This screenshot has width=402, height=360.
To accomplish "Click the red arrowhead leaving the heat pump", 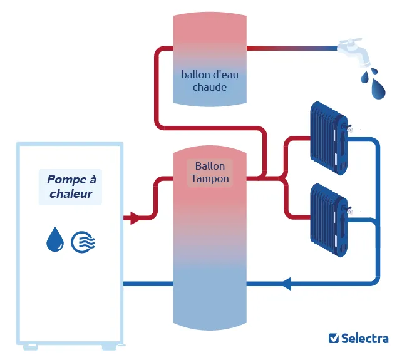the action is coord(135,219).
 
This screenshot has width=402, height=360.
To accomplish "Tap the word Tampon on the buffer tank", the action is coord(210,178).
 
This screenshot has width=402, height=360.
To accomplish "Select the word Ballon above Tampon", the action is coord(210,166).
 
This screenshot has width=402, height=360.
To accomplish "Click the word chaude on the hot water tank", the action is coord(210,87).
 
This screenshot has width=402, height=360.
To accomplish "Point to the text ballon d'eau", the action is coord(210,75).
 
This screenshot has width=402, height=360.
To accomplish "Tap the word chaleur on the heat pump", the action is coord(71,193).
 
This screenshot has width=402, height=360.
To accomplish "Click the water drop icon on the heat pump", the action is coord(55,239).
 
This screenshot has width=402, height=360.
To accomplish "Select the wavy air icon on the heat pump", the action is coord(83,242).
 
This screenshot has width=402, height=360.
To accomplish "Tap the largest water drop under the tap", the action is coord(378,88).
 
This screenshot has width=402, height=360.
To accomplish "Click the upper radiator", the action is coord(329,138).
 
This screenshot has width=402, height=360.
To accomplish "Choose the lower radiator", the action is coord(329,220).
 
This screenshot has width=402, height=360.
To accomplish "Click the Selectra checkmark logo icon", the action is coord(334,338).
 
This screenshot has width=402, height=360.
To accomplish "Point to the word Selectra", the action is coord(365,338).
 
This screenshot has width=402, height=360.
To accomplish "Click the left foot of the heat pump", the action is coord(30,347).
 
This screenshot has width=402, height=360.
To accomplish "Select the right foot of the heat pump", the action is coord(109,347).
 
